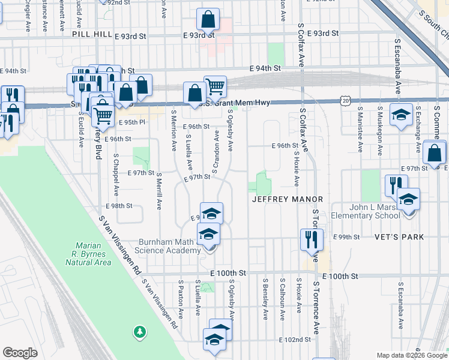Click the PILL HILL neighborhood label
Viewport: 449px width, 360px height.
[92, 35]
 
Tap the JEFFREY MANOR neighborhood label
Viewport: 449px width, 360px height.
[288, 199]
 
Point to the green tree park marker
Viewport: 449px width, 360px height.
[140, 331]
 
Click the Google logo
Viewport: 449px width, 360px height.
[20, 353]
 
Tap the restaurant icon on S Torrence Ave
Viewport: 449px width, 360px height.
[312, 239]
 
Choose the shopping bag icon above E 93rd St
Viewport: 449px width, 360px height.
[207, 19]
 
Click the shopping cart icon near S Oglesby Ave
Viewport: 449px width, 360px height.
[215, 86]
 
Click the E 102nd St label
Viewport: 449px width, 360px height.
[295, 340]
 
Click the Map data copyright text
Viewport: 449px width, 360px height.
[412, 355]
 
